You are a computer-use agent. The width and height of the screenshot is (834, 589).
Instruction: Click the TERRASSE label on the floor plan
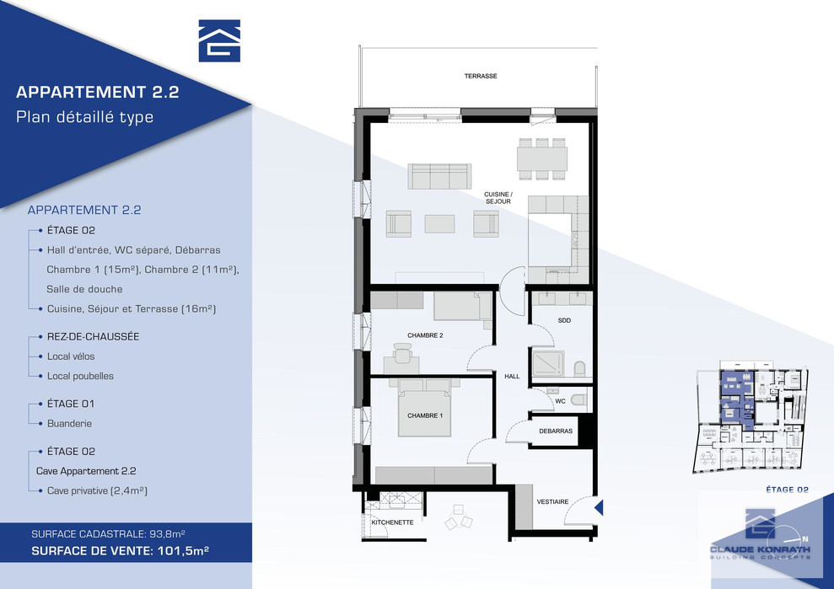point(481,76)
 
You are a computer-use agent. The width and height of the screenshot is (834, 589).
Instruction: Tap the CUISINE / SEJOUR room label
point(498,198)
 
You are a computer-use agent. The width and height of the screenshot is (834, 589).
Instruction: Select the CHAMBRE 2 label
point(425,335)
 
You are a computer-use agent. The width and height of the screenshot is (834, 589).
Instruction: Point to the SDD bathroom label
point(564,320)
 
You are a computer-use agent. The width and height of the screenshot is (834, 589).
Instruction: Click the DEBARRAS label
point(555,431)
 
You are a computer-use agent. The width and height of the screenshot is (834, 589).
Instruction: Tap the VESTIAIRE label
point(552,502)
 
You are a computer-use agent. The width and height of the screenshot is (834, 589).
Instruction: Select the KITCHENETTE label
point(392,522)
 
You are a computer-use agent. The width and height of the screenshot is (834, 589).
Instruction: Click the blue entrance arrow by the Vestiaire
point(599,507)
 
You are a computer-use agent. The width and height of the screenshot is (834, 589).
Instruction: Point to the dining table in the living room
point(542,159)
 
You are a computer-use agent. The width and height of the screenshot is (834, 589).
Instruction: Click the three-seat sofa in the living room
point(439,176)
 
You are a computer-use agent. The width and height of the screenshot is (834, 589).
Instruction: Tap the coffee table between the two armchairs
point(439,224)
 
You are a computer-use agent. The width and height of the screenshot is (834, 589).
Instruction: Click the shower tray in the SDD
point(549,364)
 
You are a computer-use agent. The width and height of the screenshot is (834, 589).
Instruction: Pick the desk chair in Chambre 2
point(402,352)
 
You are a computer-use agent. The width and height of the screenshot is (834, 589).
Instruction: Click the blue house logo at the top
point(219,41)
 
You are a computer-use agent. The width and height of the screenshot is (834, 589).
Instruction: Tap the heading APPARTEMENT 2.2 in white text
point(97,92)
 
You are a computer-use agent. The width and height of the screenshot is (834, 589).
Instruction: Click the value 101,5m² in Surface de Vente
point(183,551)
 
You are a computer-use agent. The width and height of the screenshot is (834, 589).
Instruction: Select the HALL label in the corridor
point(512,377)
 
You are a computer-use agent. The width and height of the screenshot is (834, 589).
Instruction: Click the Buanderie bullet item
point(69,424)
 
